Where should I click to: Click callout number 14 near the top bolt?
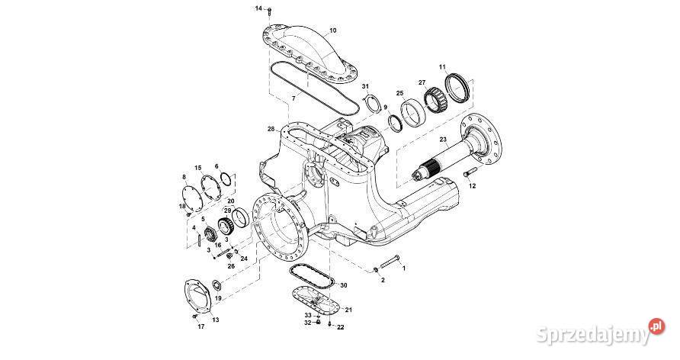click(258, 8)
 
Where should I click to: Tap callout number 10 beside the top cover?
click(332, 31)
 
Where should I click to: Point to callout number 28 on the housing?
click(271, 129)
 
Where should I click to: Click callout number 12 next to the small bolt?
click(472, 185)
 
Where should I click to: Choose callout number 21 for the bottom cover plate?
click(348, 309)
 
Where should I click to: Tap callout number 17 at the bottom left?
click(201, 326)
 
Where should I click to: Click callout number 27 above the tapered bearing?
click(422, 82)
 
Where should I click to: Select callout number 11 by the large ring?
click(442, 68)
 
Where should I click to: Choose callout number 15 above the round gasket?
click(197, 167)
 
